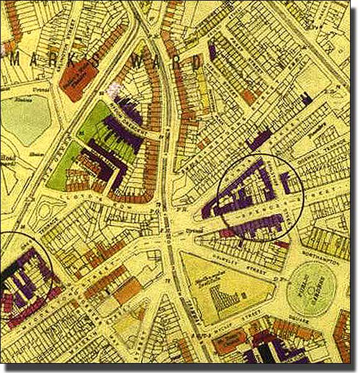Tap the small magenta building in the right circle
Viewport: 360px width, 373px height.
(228, 231)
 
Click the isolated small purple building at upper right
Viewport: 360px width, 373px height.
(306, 96)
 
